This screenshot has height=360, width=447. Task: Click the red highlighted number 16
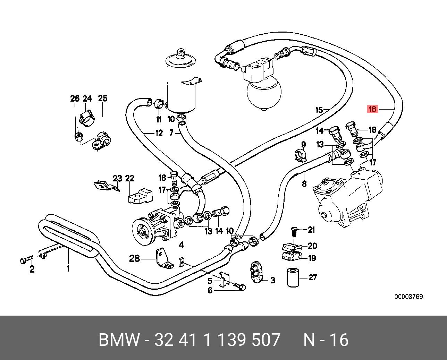click(372, 109)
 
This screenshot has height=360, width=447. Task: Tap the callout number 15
click(319, 110)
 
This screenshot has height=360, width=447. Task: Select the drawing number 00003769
click(408, 297)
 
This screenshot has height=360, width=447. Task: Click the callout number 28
click(135, 259)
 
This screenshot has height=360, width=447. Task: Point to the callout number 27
click(313, 277)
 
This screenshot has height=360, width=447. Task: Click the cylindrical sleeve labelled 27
click(293, 277)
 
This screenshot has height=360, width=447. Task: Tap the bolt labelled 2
click(27, 259)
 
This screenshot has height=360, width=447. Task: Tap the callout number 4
click(182, 245)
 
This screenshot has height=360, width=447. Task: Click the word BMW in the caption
click(119, 340)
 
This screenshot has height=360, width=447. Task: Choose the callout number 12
click(159, 133)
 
